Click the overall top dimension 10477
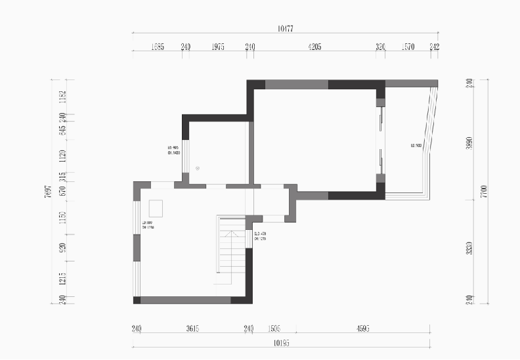tap(285, 28)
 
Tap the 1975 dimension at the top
tap(218, 47)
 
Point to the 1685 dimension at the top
tap(158, 47)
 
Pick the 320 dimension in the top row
tap(380, 47)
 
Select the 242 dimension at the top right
tap(434, 47)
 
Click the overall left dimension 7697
tap(48, 191)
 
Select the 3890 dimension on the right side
tap(469, 143)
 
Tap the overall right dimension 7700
tap(484, 191)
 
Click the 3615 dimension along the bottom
tap(192, 328)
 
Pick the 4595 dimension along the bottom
tap(362, 328)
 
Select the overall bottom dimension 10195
tap(281, 343)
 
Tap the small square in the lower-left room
tap(156, 208)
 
